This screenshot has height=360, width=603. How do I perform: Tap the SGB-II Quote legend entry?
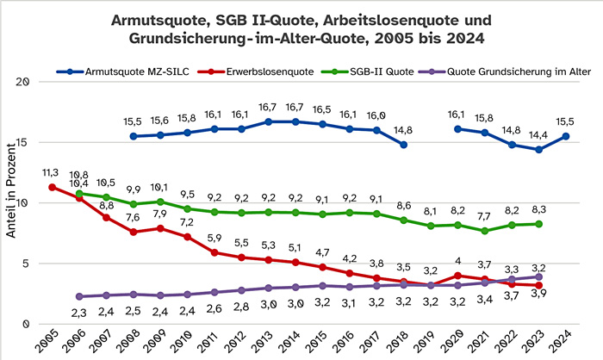tap(379, 71)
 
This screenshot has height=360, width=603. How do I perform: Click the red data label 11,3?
tap(52, 171)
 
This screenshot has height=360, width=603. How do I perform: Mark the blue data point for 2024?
tap(564, 136)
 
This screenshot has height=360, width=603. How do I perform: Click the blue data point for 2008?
tap(134, 136)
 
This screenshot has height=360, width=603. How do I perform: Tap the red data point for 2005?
tap(53, 187)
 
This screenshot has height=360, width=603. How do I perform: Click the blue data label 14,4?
tap(538, 133)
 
